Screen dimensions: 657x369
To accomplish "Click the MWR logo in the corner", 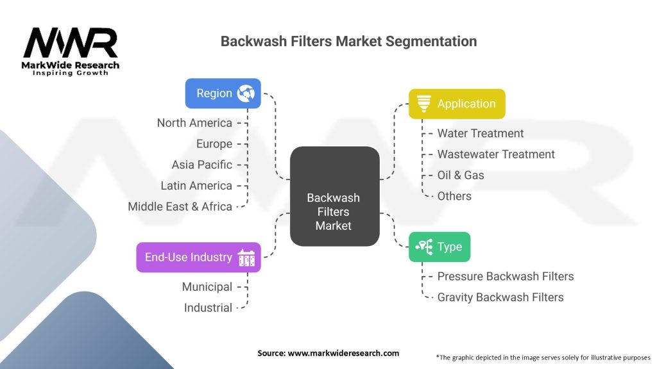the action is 71,51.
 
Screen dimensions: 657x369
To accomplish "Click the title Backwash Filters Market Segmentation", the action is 348,42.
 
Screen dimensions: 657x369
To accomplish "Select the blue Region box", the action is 223,94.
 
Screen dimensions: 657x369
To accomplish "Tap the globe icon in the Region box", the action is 246,94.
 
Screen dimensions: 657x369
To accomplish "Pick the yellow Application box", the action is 457,104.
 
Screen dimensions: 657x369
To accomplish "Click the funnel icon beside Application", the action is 423,104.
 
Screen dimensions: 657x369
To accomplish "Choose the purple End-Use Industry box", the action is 199,258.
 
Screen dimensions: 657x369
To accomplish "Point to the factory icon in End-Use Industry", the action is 246,258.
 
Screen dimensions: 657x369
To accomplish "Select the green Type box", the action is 439,247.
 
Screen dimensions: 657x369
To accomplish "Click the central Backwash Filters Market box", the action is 335,196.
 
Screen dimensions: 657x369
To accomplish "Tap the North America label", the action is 194,123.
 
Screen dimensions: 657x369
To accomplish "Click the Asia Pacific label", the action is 202,165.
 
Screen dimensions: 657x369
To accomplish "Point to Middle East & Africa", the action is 180,207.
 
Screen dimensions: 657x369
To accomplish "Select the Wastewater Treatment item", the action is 496,154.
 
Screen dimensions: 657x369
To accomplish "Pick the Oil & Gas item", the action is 461,176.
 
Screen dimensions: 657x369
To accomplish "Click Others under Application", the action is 454,196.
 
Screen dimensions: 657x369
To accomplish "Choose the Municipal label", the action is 207,287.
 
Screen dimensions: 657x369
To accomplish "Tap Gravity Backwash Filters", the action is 500,297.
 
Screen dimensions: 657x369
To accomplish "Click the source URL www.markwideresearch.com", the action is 343,353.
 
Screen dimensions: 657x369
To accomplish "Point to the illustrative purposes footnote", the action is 543,357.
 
